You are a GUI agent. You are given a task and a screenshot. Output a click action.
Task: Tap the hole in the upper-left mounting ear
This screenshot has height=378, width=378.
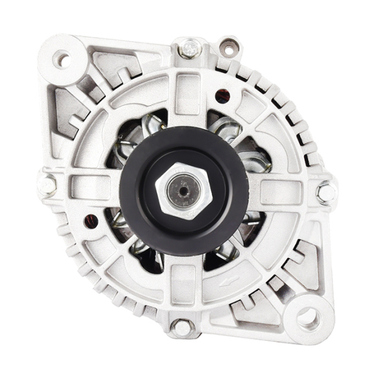point(62,60)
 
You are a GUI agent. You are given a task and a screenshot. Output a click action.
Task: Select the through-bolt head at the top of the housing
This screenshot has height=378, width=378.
point(189,48)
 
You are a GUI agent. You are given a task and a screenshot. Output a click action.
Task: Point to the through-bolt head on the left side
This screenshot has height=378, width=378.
point(47,185)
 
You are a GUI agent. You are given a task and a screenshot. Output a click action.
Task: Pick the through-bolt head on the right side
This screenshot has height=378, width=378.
point(326,192)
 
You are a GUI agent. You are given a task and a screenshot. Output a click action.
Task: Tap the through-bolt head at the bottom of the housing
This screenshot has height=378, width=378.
point(182,328)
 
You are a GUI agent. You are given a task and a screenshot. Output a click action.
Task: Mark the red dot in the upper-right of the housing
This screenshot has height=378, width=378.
point(222,96)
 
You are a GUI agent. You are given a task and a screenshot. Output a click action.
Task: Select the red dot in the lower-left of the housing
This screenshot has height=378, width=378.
point(91,221)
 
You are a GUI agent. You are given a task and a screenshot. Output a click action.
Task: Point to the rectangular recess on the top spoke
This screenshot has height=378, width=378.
point(187,91)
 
